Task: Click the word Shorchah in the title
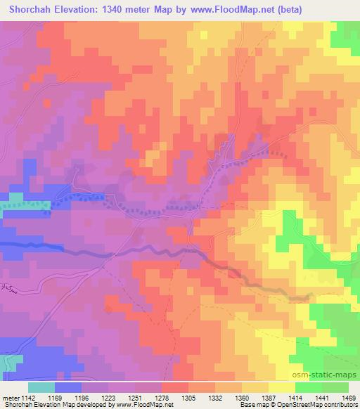pyautogui.click(x=28, y=9)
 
